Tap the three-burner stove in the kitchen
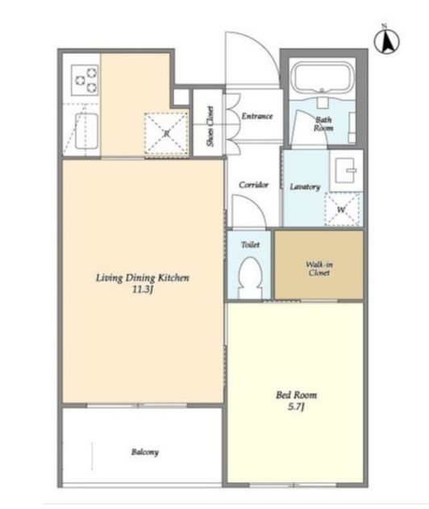point(85,80)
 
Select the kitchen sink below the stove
point(86,131)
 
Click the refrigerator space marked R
point(166,133)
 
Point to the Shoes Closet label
point(210,126)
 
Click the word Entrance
point(257,116)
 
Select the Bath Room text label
point(323,123)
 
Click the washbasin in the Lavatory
point(347,170)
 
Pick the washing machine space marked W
point(342,209)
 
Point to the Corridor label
point(254,185)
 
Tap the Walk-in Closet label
point(319,269)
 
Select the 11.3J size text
point(143,290)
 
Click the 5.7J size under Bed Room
point(296,407)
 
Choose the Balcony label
point(145,452)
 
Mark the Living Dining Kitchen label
point(143,277)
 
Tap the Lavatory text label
point(305,186)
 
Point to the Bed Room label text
point(296,394)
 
